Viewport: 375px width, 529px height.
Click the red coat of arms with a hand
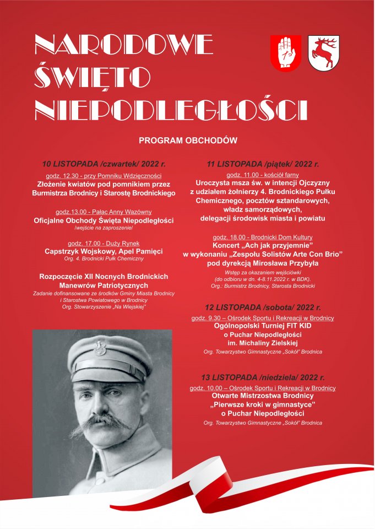[x=285, y=52]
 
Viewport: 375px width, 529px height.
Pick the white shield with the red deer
[x=322, y=53]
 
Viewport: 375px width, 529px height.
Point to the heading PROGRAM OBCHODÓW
[x=188, y=141]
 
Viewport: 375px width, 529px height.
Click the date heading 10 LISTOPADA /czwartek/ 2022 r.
[x=104, y=164]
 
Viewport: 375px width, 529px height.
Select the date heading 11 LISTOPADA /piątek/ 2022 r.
[x=263, y=164]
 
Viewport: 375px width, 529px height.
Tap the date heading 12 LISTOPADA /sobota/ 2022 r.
[x=263, y=307]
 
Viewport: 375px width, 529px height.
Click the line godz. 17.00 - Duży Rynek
[x=104, y=242]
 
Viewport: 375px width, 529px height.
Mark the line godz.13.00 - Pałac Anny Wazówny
[x=104, y=212]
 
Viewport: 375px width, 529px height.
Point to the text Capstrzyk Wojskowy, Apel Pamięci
[x=104, y=251]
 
